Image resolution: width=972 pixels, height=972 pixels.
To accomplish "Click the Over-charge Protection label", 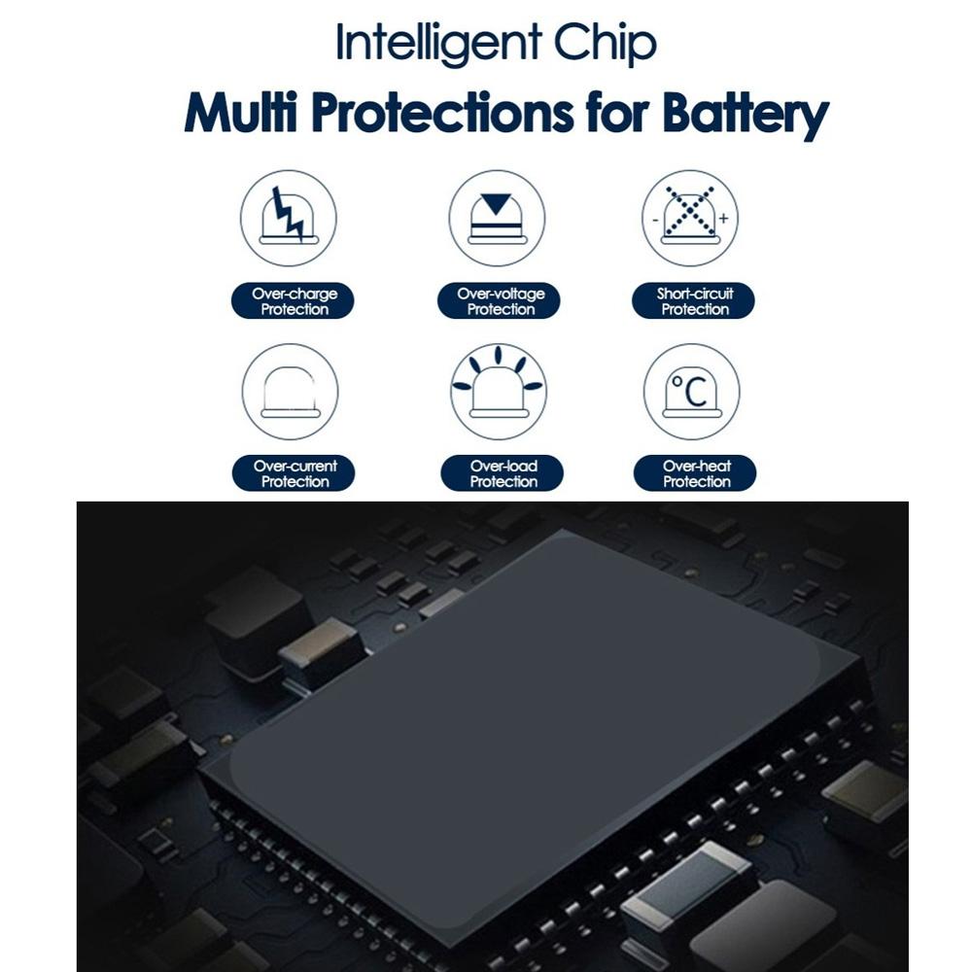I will coord(294,301).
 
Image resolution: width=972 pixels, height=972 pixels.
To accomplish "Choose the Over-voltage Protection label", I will coord(500,301).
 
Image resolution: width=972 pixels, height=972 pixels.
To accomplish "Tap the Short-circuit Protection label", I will coord(694,301).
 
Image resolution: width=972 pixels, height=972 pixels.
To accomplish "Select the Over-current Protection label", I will coord(294,473).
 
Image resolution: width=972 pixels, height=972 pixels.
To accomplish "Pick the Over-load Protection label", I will coord(503,473).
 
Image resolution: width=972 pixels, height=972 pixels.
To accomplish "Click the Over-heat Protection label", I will coord(696,473).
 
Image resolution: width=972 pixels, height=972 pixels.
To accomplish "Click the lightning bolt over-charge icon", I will coord(289,215).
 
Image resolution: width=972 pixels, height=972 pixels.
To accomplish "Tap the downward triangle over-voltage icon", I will coord(498,204).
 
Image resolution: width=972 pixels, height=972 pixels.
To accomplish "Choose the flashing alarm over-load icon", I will coord(498,387).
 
